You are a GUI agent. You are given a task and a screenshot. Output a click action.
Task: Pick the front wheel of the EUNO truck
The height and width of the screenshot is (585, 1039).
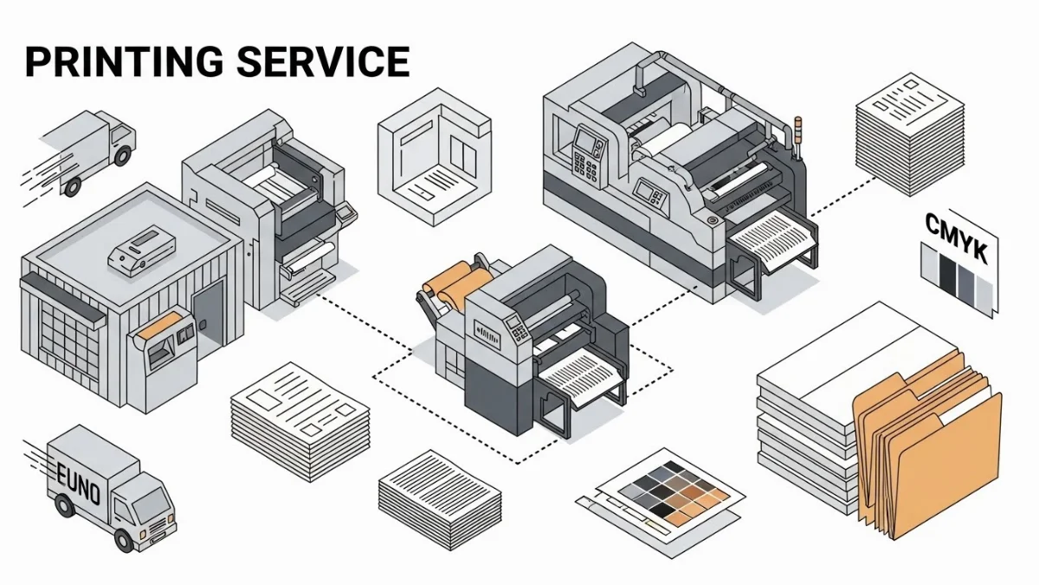point(125,539)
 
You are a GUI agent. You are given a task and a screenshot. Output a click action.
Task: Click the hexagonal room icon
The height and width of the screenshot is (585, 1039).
point(434,156)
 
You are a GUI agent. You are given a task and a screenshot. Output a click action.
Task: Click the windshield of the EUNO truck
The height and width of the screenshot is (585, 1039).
point(151,504)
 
